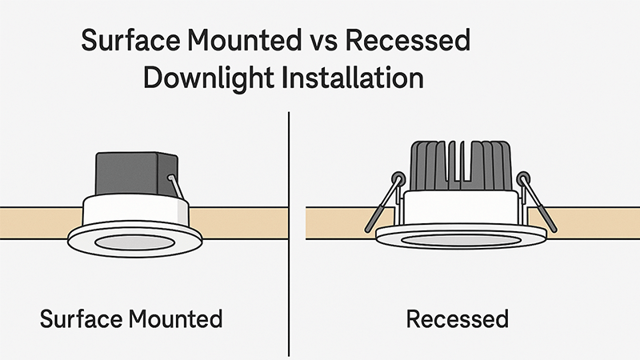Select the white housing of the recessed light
coord(459,208)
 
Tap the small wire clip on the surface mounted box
coord(175,187)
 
